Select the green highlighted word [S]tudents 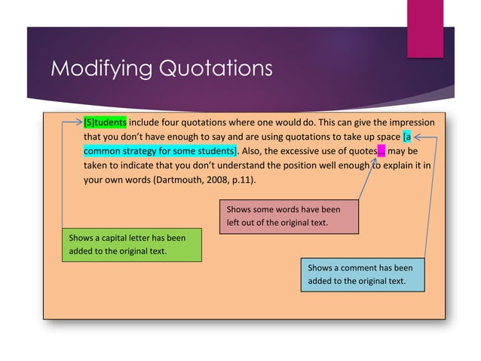105,122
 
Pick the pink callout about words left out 289,216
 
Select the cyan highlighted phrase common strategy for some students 160,151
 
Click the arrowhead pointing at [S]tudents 80,122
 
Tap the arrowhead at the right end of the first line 419,137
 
